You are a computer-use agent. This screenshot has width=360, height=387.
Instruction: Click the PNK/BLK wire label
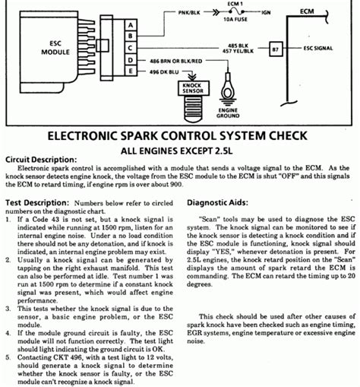pyautogui.click(x=190, y=13)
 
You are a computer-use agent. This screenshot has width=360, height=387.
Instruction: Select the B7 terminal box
pyautogui.click(x=276, y=48)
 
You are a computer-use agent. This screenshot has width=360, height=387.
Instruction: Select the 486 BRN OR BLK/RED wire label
pyautogui.click(x=177, y=59)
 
